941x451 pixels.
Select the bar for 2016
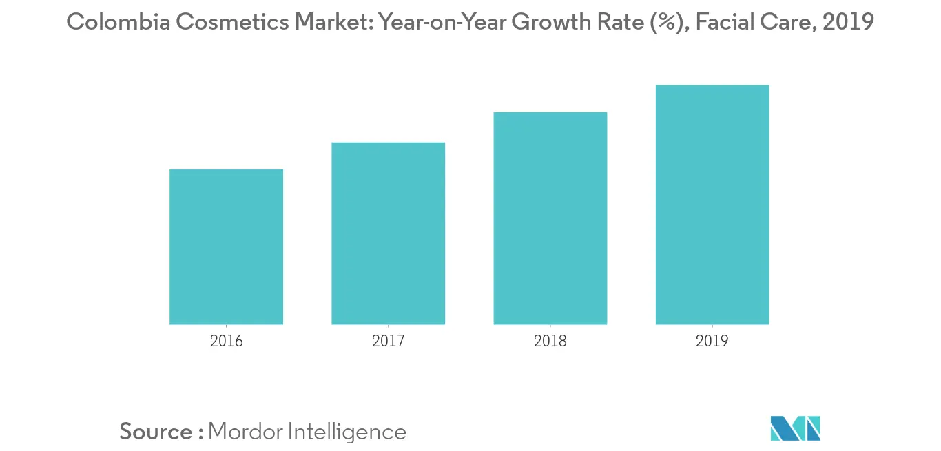(226, 247)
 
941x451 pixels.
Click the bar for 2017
(388, 233)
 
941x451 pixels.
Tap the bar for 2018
(550, 218)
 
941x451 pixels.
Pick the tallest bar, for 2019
(712, 204)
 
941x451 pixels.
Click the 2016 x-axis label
(226, 341)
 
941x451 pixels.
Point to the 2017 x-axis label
(388, 341)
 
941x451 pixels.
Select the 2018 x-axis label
(550, 341)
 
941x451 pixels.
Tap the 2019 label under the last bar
(712, 341)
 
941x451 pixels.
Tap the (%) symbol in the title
(669, 23)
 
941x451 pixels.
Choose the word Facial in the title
(727, 23)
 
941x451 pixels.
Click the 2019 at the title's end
(849, 23)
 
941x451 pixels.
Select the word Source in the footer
(156, 432)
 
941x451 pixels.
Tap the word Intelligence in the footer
(347, 432)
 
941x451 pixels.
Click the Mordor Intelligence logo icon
(796, 428)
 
